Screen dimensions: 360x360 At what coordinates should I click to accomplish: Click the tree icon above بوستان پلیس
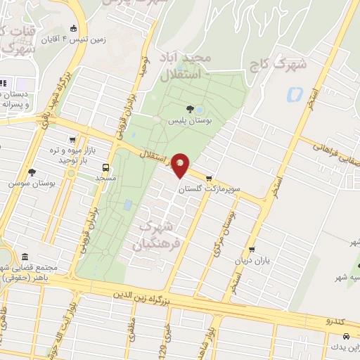click(190, 108)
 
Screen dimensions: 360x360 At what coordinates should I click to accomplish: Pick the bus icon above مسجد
click(105, 167)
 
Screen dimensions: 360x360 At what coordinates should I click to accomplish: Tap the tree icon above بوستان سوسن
click(31, 172)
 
